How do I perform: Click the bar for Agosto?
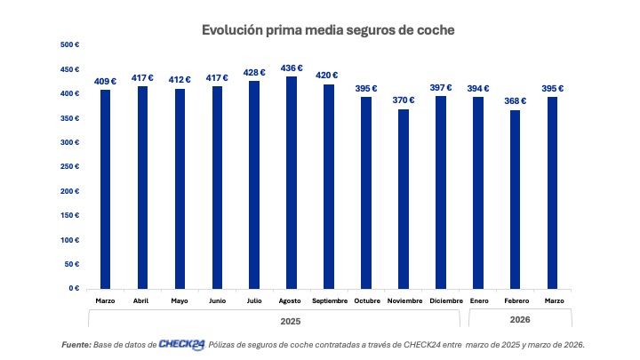coord(292,182)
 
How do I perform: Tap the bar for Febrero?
coord(516,199)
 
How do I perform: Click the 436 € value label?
coord(292,68)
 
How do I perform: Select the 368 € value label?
coord(516,100)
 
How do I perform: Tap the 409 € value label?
coord(105,82)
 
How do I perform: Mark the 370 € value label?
coord(404,100)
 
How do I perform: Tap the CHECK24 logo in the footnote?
coord(182,344)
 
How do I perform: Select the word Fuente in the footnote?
coord(76,344)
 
